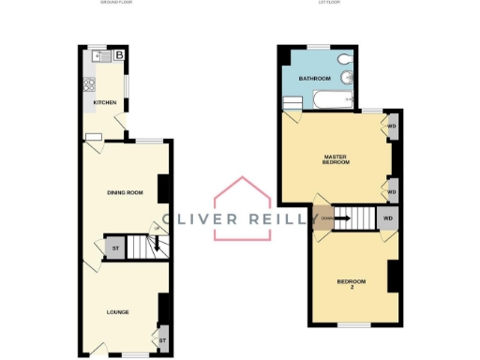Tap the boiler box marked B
pyautogui.click(x=119, y=56)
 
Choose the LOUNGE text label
pyautogui.click(x=117, y=311)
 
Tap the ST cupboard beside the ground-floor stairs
pyautogui.click(x=115, y=248)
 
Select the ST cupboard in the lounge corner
pyautogui.click(x=162, y=340)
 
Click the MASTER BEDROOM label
pyautogui.click(x=336, y=159)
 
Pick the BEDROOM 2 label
pyautogui.click(x=352, y=284)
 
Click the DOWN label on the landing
pyautogui.click(x=325, y=218)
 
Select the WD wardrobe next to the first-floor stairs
pyautogui.click(x=388, y=218)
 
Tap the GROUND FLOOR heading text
pyautogui.click(x=118, y=3)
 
